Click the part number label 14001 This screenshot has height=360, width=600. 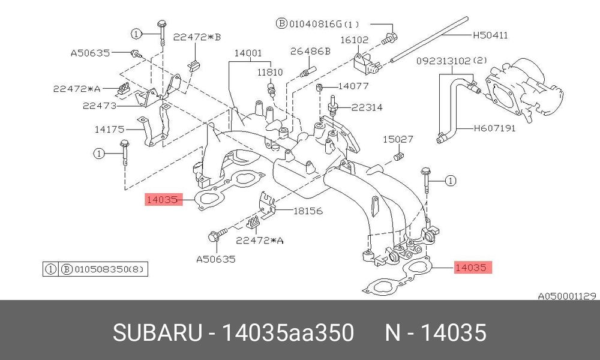click(248, 53)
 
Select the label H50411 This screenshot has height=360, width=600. click(491, 35)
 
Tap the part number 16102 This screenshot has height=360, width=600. click(355, 40)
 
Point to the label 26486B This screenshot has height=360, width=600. click(310, 51)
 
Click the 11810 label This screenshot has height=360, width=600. click(270, 73)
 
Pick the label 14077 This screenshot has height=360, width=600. click(353, 86)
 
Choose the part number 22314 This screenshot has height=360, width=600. click(367, 107)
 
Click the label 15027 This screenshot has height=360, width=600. click(398, 139)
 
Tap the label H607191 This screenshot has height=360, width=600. click(494, 128)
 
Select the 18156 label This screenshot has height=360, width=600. click(308, 211)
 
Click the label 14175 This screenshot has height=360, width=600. click(109, 130)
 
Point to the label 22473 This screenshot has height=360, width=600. click(100, 106)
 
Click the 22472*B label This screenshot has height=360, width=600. click(197, 37)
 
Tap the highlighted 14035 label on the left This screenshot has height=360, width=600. click(162, 199)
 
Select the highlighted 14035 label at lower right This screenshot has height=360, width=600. click(471, 268)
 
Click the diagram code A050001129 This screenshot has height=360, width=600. click(567, 296)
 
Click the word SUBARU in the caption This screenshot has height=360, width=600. click(157, 332)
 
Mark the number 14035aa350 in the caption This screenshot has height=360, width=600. click(288, 332)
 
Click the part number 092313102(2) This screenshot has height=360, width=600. click(452, 61)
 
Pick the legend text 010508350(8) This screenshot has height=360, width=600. click(109, 269)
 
